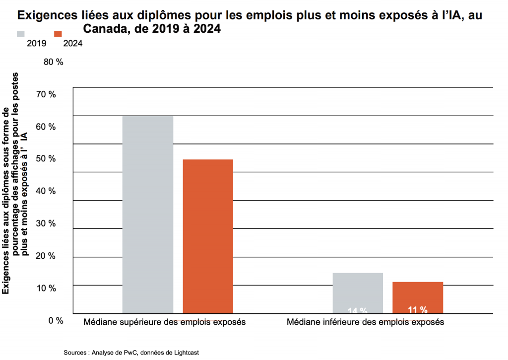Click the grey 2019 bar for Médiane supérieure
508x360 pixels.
coord(148,215)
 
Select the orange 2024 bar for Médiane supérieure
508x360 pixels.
coord(208,236)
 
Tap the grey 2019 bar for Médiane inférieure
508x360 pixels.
coord(358,293)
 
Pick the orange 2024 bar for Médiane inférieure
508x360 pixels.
coord(418,297)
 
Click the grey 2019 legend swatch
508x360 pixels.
coord(21,34)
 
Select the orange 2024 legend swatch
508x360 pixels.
coord(58,34)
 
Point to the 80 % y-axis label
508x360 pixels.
coord(54,63)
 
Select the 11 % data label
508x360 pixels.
coord(417,310)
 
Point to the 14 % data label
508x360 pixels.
coord(357,311)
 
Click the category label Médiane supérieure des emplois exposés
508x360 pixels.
coord(165,322)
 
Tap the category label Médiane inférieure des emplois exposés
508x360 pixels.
coord(366,322)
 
